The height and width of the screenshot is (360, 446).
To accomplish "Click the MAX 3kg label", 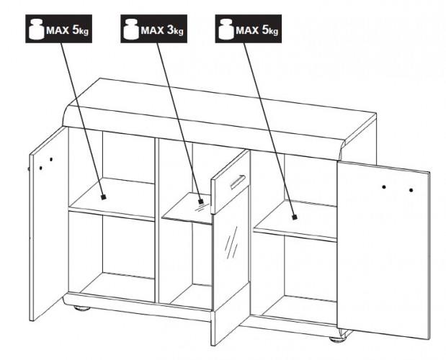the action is (153, 29).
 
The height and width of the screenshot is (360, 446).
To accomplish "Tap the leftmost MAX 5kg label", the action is (58, 29).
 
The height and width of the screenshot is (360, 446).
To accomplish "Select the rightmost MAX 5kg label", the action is (249, 29).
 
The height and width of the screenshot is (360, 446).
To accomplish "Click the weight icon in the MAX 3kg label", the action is (131, 29).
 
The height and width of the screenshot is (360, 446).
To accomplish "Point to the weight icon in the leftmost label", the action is (37, 29).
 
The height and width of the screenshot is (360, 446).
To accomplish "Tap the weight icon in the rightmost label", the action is (226, 29).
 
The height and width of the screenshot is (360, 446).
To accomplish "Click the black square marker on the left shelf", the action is (104, 197).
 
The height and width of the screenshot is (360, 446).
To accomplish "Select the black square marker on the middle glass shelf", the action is (201, 201).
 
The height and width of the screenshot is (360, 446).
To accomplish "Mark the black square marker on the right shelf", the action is (295, 217).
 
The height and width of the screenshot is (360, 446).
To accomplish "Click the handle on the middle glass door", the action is (238, 181).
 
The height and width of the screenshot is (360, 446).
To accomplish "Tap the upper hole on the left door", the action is (51, 159).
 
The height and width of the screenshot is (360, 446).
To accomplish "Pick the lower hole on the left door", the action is (41, 168).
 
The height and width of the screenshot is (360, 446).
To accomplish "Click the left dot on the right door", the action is (384, 187).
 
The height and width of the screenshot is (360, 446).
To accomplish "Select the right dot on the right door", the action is (411, 190).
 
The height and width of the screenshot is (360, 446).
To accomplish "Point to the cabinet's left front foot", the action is (82, 308).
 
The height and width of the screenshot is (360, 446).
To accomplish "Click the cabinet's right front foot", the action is (339, 339).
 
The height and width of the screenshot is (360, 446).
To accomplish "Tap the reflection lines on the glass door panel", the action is (231, 243).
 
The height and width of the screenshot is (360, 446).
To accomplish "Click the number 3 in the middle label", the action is (171, 30).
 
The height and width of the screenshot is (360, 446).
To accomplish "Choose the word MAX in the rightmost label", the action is (247, 30).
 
